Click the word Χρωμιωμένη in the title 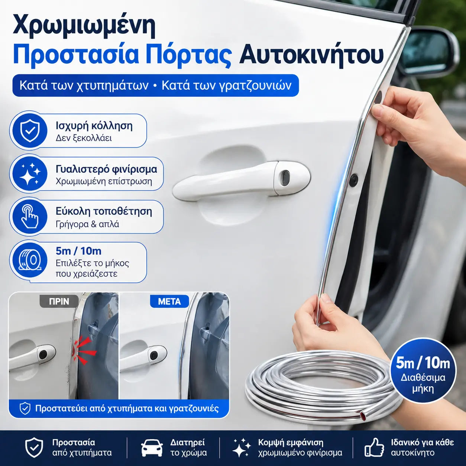coord(84,26)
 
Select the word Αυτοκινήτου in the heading coord(311,55)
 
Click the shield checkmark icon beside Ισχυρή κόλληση coord(30,131)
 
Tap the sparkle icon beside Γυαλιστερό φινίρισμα coord(30,174)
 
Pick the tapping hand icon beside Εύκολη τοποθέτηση coord(30,216)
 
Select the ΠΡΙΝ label coord(59,301)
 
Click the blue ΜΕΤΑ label coord(169,301)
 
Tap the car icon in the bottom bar coord(152,448)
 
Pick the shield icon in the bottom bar coord(34,448)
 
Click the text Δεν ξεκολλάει coord(84,138)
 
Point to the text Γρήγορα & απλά coord(87,224)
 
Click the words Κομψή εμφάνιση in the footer coord(291,443)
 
